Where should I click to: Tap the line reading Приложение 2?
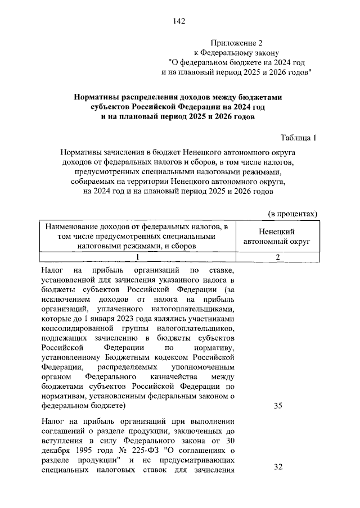click(x=237, y=43)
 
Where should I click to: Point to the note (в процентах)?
click(x=292, y=214)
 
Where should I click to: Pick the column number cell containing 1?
click(x=135, y=257)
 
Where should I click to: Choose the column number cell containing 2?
click(x=277, y=257)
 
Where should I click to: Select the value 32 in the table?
click(x=278, y=467)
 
